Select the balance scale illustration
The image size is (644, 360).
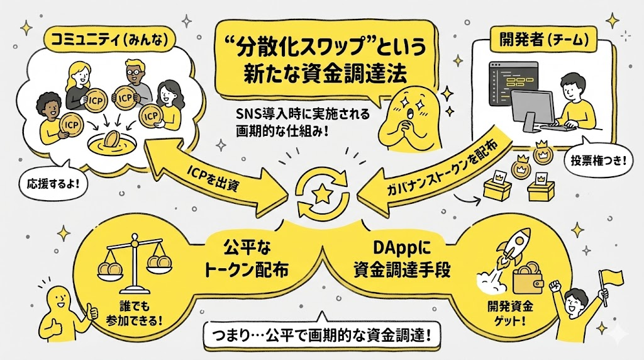click(134, 261)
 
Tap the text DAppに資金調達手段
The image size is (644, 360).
click(394, 259)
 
